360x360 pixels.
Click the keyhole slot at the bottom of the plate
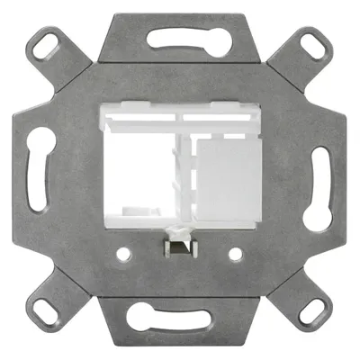tap(180, 317)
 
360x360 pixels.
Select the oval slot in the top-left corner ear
tap(45, 44)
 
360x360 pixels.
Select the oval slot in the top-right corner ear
tap(314, 43)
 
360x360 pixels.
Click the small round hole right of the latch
tap(235, 254)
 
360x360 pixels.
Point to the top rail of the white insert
tap(180, 115)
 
